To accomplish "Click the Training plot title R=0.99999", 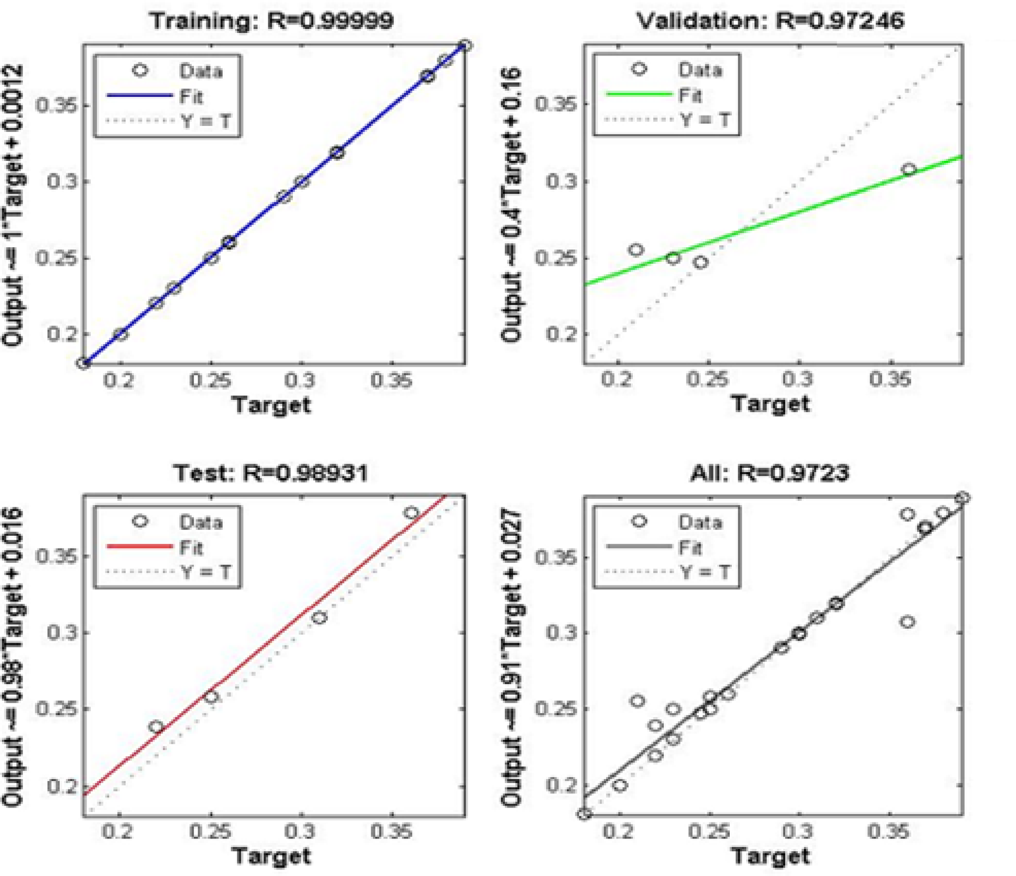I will [x=271, y=20].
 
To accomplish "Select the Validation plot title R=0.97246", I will [x=769, y=20].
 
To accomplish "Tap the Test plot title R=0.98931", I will [x=270, y=473].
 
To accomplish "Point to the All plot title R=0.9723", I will [x=769, y=473].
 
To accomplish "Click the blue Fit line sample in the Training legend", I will [x=139, y=96].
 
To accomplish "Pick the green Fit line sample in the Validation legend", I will [x=638, y=95].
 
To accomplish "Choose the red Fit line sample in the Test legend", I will [x=139, y=546].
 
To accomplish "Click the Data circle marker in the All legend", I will [x=638, y=521].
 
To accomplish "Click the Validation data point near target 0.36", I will [x=909, y=169].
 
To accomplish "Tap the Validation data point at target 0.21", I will [x=636, y=250].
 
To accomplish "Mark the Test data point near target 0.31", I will [x=320, y=618].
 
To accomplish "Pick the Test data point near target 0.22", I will [x=156, y=727].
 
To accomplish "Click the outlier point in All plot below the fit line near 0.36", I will [x=907, y=622].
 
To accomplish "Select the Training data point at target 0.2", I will [x=120, y=334].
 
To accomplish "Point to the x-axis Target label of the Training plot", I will [x=271, y=404].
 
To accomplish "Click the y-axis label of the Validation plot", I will [x=512, y=204].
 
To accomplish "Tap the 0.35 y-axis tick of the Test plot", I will [x=56, y=556].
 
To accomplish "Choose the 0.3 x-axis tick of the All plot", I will [x=798, y=831].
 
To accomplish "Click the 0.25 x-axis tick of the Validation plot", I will [x=707, y=380].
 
